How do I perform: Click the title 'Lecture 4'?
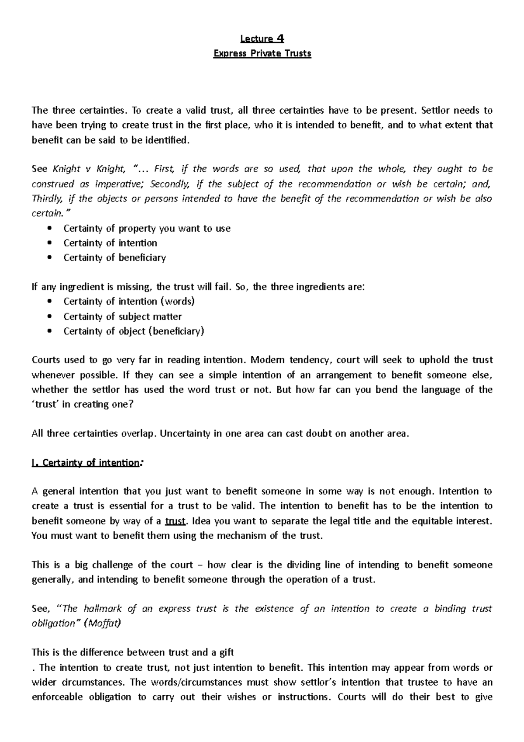coord(262,39)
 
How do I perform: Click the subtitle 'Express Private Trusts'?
coord(262,54)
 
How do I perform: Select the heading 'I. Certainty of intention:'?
coord(87,463)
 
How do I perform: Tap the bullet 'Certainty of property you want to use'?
coord(147,229)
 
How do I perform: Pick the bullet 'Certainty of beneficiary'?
coord(114,258)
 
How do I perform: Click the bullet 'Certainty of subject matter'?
coord(122,316)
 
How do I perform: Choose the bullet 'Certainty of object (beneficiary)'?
coord(134,331)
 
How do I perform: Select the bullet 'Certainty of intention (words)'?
coord(129,302)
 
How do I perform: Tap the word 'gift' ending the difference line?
coord(226,653)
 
